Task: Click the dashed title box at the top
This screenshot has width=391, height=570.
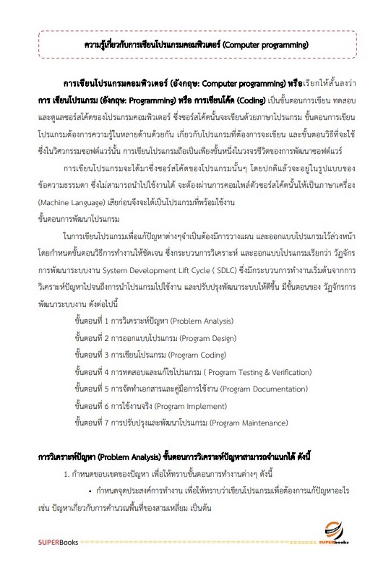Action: [195, 45]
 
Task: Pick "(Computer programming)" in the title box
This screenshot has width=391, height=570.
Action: [265, 45]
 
